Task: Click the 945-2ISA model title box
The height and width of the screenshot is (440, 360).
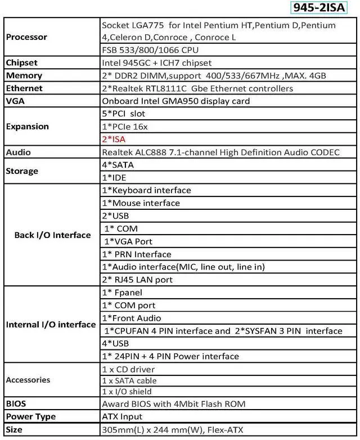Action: [x=318, y=8]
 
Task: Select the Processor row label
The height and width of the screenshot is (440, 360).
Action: [x=26, y=37]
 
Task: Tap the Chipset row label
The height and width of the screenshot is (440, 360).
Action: [x=22, y=62]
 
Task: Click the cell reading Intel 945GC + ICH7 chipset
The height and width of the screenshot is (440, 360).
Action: [x=157, y=62]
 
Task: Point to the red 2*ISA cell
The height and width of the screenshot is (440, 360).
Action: [x=114, y=139]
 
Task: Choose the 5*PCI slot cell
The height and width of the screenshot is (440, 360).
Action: [x=123, y=114]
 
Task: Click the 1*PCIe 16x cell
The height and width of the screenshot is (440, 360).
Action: [x=124, y=127]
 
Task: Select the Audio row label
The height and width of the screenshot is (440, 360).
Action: [x=19, y=152]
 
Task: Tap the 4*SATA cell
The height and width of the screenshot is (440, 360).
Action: [x=118, y=165]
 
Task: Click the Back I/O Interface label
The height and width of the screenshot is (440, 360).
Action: [x=52, y=235]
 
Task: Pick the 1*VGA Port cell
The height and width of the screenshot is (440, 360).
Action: [x=129, y=241]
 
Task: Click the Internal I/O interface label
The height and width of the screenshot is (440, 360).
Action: [x=51, y=325]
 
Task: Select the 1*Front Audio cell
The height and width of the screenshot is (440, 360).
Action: [x=131, y=318]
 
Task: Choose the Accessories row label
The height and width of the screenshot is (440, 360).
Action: [x=28, y=380]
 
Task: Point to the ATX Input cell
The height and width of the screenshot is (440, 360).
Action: [x=122, y=417]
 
